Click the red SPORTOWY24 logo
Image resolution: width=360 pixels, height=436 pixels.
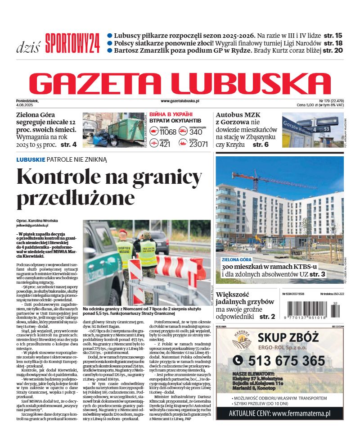pos(72,44)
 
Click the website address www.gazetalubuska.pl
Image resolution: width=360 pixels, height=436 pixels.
pos(180,101)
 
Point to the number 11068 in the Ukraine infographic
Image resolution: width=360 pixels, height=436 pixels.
pos(168,132)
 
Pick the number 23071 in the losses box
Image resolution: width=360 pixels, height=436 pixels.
pos(198,145)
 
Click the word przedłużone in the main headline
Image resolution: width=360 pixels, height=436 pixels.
pos(76,198)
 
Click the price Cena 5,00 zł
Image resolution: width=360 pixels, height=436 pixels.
pos(310,105)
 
